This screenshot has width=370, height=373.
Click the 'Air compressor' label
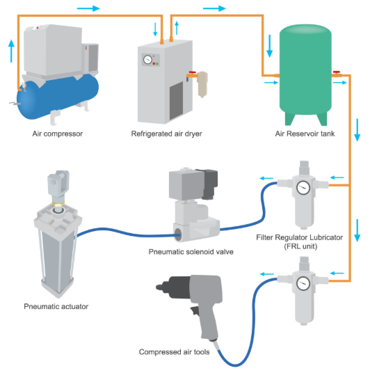click(x=58, y=134)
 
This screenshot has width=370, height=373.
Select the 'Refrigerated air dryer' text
click(x=166, y=134)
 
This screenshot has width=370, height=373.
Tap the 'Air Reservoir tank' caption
click(x=305, y=134)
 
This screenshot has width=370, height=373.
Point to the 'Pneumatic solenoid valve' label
click(x=191, y=252)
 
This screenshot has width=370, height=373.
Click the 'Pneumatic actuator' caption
click(x=56, y=306)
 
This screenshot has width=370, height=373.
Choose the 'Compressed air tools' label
click(x=175, y=352)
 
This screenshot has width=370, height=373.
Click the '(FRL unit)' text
click(x=301, y=246)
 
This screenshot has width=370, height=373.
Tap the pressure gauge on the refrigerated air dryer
click(x=147, y=59)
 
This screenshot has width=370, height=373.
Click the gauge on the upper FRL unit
click(x=303, y=188)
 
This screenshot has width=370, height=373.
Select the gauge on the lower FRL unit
click(x=303, y=283)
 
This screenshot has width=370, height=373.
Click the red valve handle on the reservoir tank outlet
click(x=337, y=72)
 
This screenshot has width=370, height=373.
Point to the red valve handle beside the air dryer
click(x=193, y=72)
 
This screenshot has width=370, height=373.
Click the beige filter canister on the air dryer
click(x=202, y=84)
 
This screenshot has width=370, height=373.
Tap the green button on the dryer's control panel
click(x=157, y=64)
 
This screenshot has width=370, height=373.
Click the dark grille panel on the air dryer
click(x=176, y=101)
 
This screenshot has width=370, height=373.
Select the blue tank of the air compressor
click(x=58, y=97)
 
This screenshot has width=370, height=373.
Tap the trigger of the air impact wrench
click(x=195, y=310)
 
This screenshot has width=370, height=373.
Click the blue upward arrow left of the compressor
click(x=11, y=51)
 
